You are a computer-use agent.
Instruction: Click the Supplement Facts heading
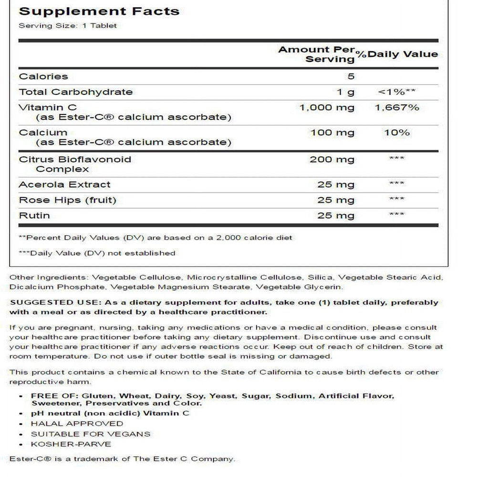99,10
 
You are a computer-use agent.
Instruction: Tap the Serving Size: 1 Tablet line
67,25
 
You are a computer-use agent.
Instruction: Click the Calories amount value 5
351,76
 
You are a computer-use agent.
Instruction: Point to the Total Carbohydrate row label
75,92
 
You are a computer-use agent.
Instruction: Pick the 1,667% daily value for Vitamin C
397,107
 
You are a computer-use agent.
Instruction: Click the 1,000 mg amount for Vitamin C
327,107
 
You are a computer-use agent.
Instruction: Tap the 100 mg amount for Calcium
332,133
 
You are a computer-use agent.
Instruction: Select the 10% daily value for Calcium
397,133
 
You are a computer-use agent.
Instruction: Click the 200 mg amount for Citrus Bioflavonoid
332,159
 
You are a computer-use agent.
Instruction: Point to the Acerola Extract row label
64,185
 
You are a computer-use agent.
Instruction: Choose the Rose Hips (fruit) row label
67,200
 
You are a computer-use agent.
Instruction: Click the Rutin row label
34,216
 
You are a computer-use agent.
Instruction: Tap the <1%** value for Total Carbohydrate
397,92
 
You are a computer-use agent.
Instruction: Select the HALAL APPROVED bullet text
77,423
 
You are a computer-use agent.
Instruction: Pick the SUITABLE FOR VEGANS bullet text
91,434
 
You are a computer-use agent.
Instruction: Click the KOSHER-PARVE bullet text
71,444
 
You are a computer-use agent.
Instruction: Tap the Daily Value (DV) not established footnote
97,253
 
